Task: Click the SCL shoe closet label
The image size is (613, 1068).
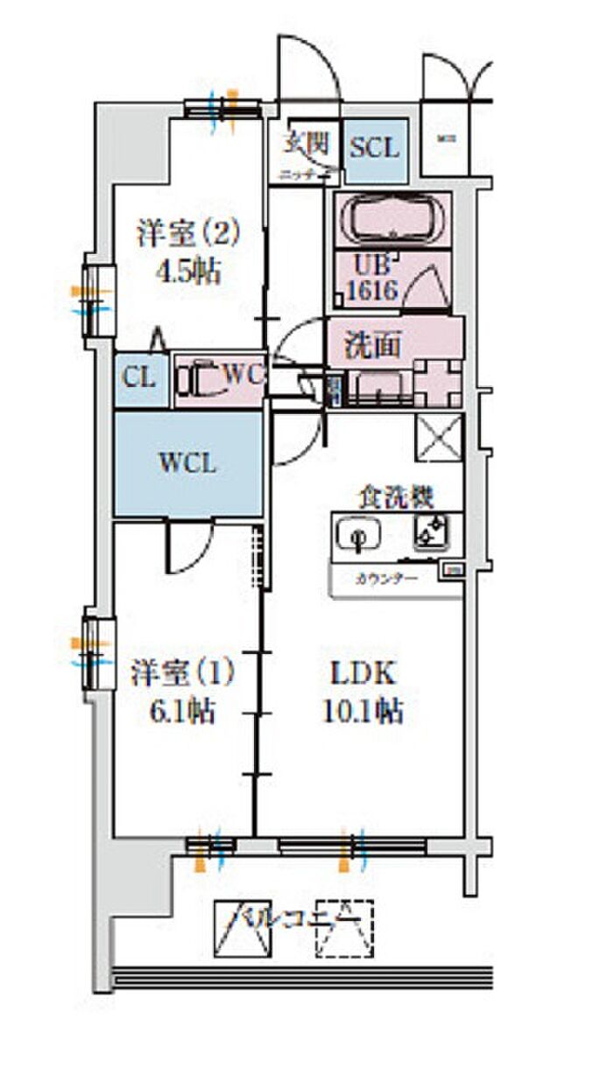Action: coord(374,147)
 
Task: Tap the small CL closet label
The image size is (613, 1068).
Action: coord(139,379)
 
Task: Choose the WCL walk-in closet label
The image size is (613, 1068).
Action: coord(187,463)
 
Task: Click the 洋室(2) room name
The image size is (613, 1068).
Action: coord(187,234)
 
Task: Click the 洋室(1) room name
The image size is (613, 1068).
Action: coord(182,675)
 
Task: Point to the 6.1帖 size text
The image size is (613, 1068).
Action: coord(181,712)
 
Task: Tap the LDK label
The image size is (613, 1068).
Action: coord(363,675)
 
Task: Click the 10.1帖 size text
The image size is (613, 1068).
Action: coord(365,712)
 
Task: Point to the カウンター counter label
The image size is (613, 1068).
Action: coord(386,578)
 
